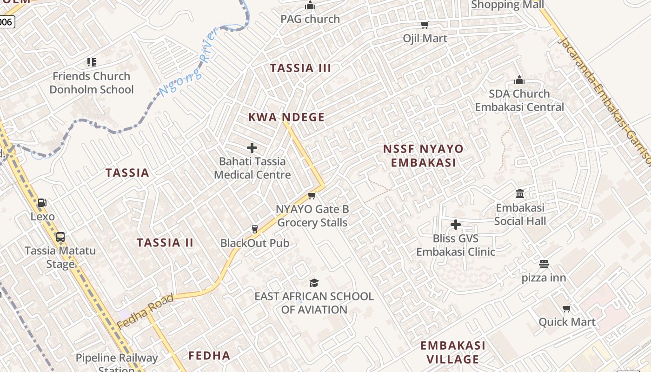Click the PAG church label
310,19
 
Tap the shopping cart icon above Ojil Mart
425,25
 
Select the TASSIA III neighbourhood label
300,68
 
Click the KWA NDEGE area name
286,117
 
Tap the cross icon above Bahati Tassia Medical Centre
252,148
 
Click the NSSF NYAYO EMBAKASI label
423,155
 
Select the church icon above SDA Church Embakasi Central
519,80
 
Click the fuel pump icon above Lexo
42,203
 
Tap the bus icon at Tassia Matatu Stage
60,237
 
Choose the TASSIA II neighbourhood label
165,243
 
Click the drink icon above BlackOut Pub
254,229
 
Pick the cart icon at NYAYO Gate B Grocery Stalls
312,196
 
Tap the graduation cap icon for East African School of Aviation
314,283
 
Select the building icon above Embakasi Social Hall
520,193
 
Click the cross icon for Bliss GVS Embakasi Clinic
456,225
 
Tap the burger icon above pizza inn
544,265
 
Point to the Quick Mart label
567,322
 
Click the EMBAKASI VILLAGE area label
452,352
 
